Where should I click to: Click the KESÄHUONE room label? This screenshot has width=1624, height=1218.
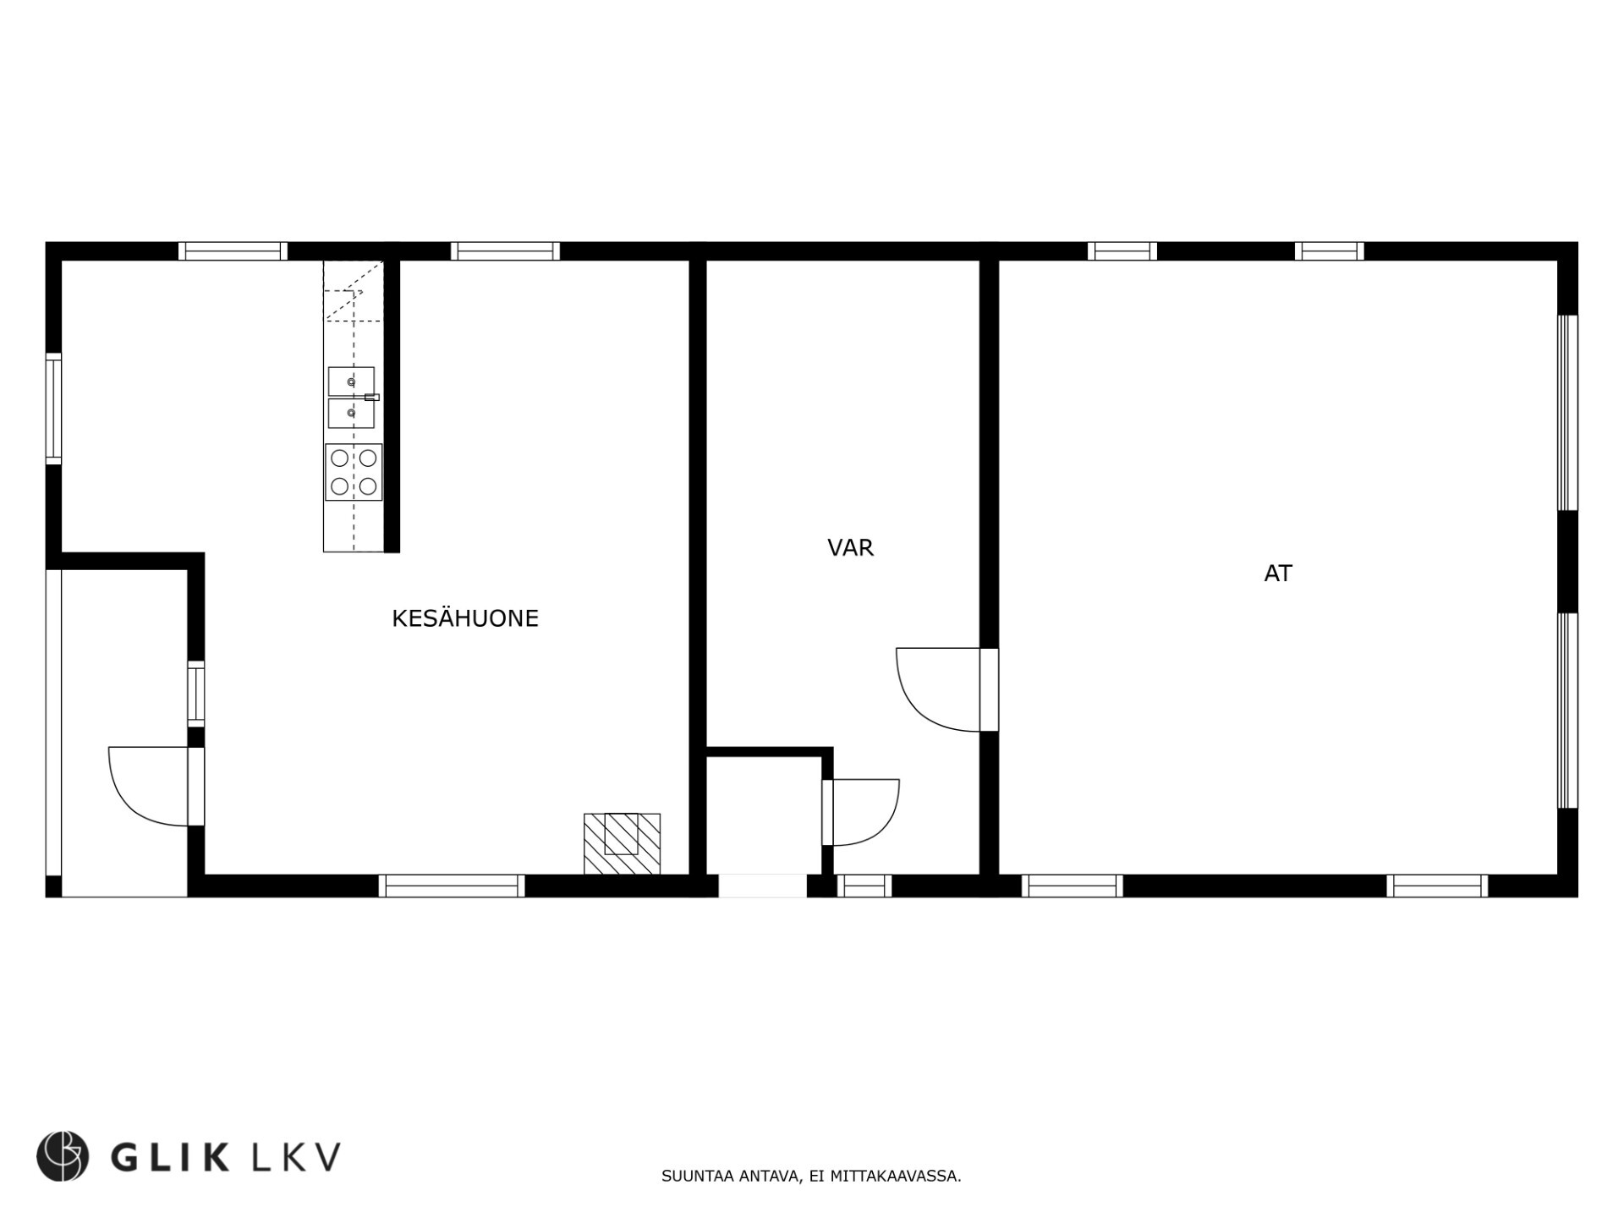[x=464, y=619]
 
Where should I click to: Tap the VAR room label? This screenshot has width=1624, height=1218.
[x=850, y=548]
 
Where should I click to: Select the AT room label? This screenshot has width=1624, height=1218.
[x=1277, y=573]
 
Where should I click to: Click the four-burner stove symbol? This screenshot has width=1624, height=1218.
[x=354, y=472]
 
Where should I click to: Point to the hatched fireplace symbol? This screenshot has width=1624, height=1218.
[x=622, y=843]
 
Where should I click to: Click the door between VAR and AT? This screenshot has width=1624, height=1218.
[x=939, y=689]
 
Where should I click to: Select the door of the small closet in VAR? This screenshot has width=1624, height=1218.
[x=863, y=812]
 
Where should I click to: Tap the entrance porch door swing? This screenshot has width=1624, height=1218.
[x=148, y=787]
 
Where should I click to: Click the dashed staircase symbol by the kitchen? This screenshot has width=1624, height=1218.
[x=354, y=292]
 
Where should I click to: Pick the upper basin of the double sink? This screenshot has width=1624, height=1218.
[x=351, y=381]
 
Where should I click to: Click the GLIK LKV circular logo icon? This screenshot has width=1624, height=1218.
[x=63, y=1155]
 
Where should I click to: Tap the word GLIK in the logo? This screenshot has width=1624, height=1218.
[x=170, y=1156]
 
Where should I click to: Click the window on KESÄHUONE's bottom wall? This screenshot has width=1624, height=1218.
[x=452, y=886]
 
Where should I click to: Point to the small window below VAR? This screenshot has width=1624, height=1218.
[x=864, y=886]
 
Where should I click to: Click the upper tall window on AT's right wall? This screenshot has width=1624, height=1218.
[x=1567, y=413]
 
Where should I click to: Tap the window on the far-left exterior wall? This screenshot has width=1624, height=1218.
[x=53, y=409]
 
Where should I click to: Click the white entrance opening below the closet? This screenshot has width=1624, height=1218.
[x=762, y=886]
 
